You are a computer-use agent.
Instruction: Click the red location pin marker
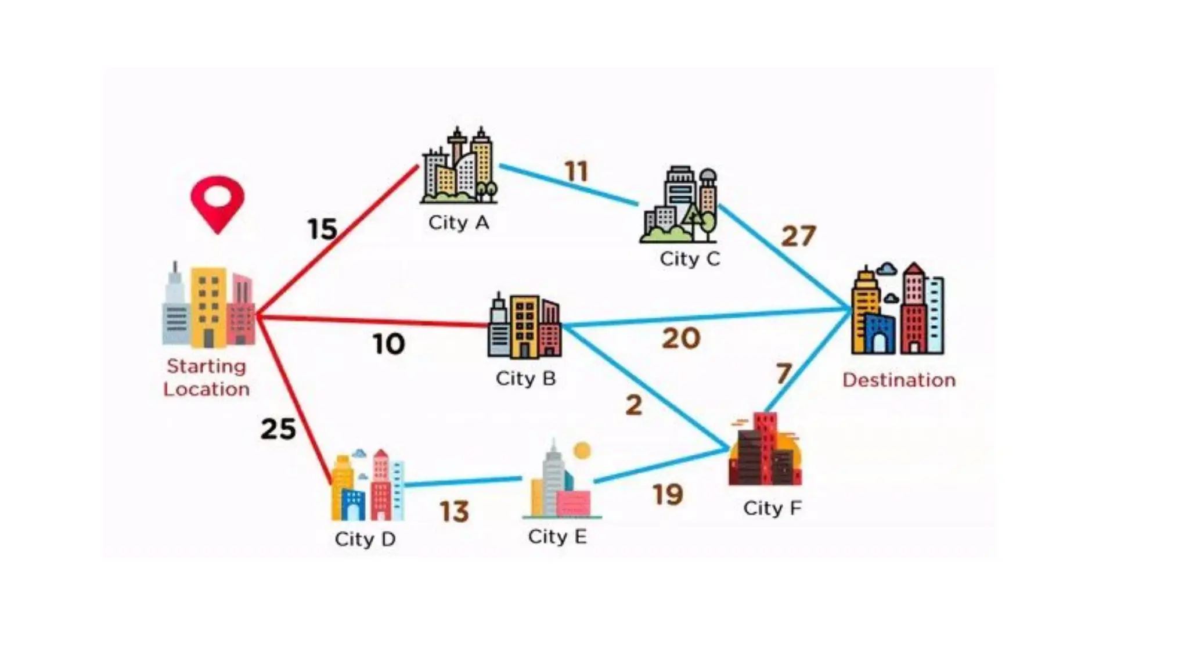pos(217,203)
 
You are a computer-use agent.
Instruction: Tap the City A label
pos(459,223)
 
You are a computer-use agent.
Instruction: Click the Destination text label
pos(899,380)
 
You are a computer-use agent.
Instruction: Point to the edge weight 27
pos(798,236)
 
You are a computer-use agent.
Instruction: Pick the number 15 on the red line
pos(322,229)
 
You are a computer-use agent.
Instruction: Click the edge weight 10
pos(388,344)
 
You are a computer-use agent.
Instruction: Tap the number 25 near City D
pos(278,430)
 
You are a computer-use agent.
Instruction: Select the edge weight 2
pos(634,405)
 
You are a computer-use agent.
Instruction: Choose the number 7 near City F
pos(784,374)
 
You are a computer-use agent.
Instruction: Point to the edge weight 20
pos(681,339)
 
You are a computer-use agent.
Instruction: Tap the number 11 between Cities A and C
pos(577,172)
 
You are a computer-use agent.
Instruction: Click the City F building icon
pos(765,449)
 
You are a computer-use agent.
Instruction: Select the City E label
pos(557,537)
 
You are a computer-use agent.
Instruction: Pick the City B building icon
pos(524,327)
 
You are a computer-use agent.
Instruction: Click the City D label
pos(365,539)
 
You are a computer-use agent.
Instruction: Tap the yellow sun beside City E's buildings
pos(582,451)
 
